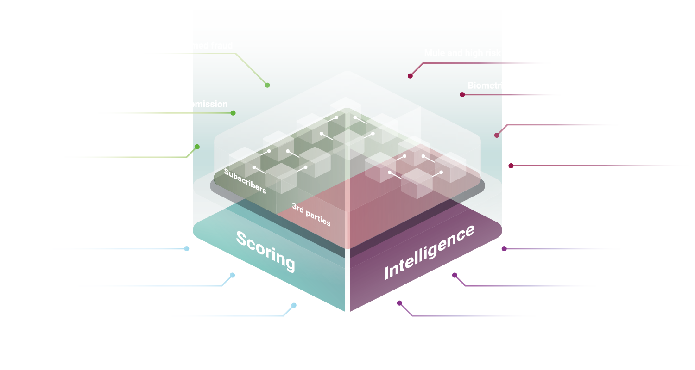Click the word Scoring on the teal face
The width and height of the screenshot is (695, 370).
coord(265,251)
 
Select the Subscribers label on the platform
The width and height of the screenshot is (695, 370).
coord(245,181)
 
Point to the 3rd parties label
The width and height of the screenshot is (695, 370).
coord(311,214)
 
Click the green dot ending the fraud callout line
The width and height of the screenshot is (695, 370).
coord(267,85)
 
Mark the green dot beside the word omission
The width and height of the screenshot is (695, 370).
coord(233,113)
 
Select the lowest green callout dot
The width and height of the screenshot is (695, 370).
coord(197,147)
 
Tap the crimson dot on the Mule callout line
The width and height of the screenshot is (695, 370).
coord(410,76)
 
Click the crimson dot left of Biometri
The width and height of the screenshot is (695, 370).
coord(462,95)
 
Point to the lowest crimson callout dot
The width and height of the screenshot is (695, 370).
coord(511,166)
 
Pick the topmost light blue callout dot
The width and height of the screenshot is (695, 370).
coord(187,249)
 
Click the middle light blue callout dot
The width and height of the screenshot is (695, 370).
coord(233,275)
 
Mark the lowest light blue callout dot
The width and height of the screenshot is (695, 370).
coord(294,305)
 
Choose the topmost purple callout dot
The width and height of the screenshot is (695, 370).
coord(504,249)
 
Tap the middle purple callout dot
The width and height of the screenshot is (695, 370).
coord(455,275)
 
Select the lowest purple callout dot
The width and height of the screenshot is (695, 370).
coord(399,303)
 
